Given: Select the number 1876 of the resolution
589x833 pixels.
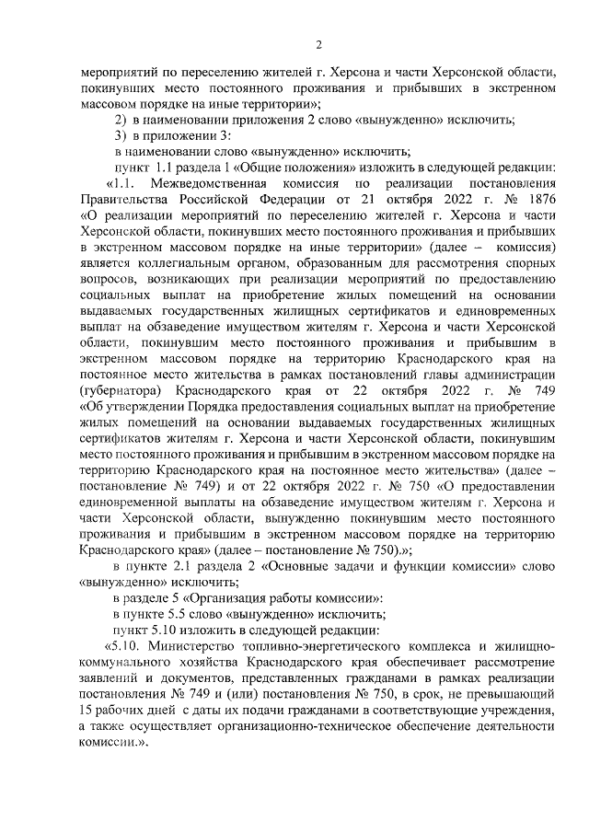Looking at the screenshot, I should point(537,200).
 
